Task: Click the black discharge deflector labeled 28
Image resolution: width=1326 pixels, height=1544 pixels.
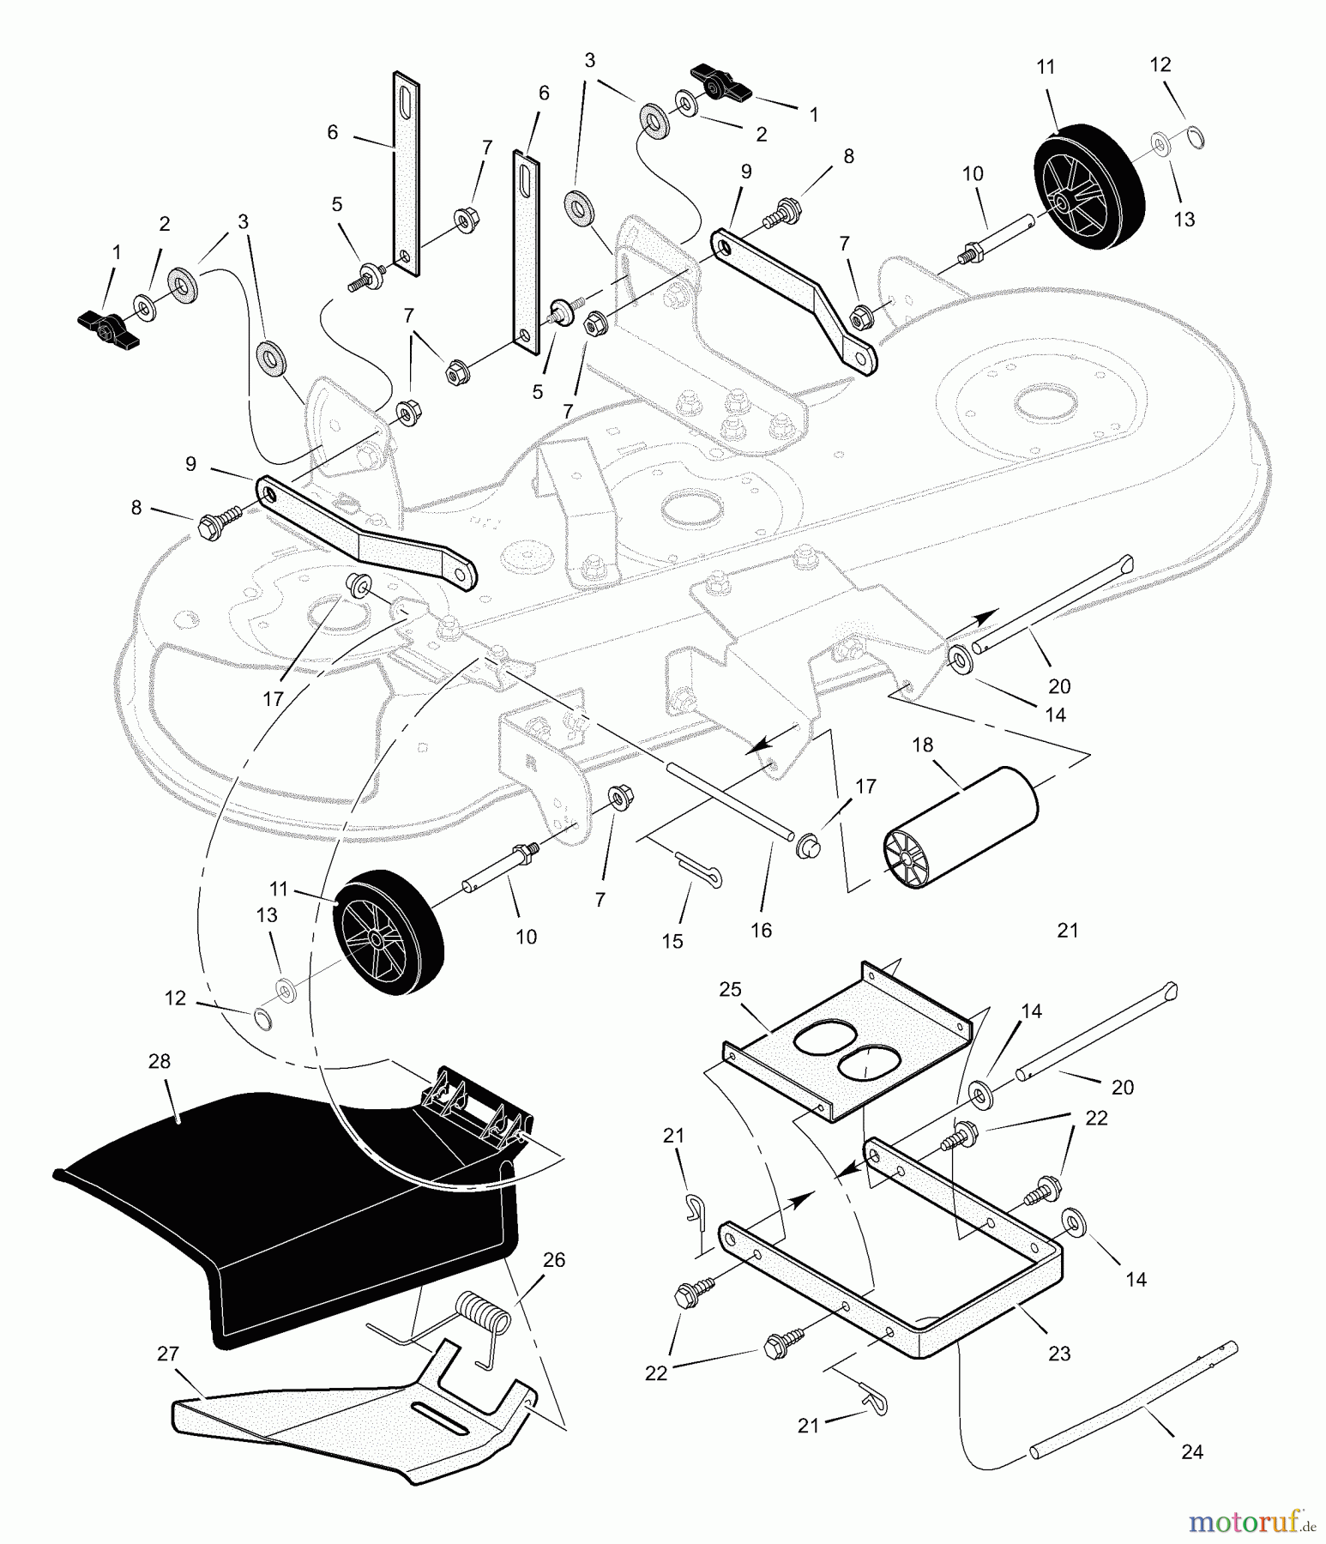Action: pyautogui.click(x=283, y=1201)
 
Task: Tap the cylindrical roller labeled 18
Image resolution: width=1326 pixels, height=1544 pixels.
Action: pyautogui.click(x=961, y=828)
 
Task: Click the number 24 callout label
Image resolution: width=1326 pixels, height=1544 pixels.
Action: pyautogui.click(x=1192, y=1451)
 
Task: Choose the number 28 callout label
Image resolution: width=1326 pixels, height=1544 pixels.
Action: pyautogui.click(x=160, y=1061)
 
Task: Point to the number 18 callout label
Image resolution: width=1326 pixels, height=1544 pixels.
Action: pyautogui.click(x=922, y=745)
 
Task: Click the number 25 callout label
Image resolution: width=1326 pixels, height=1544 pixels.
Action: pyautogui.click(x=730, y=989)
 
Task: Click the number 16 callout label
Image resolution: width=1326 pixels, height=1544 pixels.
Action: pyautogui.click(x=761, y=930)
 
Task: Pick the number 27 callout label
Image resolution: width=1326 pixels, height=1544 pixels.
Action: pyautogui.click(x=168, y=1354)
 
